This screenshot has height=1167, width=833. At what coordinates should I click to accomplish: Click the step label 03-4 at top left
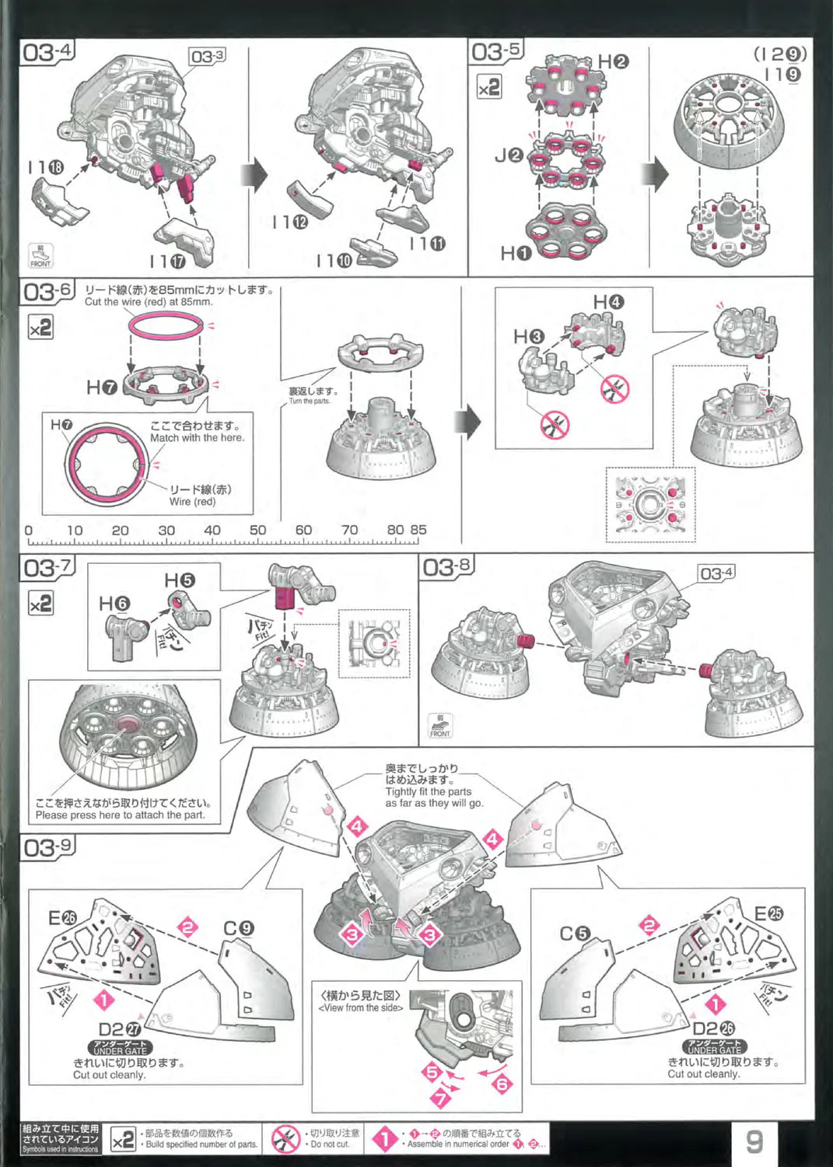click(x=47, y=52)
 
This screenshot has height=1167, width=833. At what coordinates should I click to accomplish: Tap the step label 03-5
click(x=495, y=52)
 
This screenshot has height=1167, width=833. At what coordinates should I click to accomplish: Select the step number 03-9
click(x=47, y=846)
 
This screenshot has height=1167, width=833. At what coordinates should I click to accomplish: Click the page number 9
click(x=754, y=1141)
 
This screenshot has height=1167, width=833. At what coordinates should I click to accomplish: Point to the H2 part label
click(x=613, y=61)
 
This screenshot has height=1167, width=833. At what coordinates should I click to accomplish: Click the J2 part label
click(x=509, y=156)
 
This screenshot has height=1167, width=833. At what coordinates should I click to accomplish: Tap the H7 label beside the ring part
click(x=101, y=387)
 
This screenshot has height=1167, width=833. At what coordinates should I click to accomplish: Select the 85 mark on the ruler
click(x=418, y=530)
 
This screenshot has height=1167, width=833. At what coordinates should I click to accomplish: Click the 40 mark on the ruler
click(x=212, y=530)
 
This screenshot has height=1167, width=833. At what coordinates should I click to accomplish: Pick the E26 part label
click(x=63, y=918)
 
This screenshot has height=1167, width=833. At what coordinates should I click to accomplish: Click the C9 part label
click(x=239, y=928)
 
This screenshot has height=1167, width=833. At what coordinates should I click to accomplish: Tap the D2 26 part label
click(x=713, y=1029)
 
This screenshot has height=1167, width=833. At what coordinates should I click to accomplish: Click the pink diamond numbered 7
click(x=440, y=1099)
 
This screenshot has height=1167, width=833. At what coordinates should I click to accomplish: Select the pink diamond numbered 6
click(x=502, y=1084)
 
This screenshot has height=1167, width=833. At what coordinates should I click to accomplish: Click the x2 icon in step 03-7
click(x=40, y=603)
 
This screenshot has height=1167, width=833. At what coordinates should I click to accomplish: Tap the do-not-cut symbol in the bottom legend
click(x=285, y=1140)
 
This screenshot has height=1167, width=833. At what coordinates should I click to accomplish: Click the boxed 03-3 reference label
click(x=208, y=56)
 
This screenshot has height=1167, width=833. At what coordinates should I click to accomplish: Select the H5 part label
click(x=180, y=580)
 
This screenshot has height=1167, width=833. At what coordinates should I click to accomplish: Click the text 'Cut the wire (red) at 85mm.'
click(x=148, y=302)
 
